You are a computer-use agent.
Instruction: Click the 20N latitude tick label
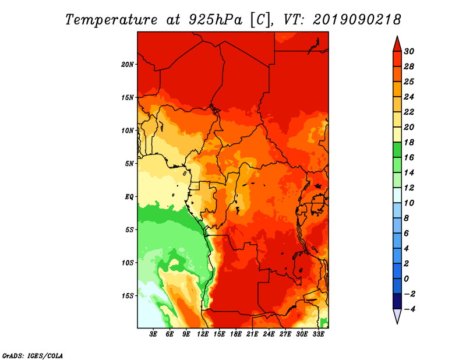(x=127, y=65)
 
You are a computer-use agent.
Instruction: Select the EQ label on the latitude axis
(x=129, y=197)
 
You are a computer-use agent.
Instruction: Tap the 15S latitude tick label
(x=127, y=296)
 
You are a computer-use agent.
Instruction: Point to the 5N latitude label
(x=129, y=164)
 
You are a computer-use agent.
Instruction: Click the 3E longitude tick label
(x=153, y=334)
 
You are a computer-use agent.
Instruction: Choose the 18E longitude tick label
(x=236, y=334)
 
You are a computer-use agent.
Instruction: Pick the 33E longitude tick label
(x=318, y=334)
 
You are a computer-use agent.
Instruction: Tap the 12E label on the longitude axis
(x=203, y=334)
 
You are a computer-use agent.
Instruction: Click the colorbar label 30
(x=409, y=51)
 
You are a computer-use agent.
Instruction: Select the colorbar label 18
(x=409, y=142)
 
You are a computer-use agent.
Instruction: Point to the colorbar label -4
(x=409, y=309)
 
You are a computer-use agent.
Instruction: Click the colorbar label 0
(x=406, y=279)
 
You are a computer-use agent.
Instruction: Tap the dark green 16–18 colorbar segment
(x=397, y=150)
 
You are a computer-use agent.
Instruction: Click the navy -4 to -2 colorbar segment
(x=397, y=301)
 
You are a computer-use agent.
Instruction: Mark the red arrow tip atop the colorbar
(x=397, y=36)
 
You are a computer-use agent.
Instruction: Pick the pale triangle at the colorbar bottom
(x=397, y=316)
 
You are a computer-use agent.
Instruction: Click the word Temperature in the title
(x=111, y=20)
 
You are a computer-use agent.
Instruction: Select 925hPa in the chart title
(x=216, y=20)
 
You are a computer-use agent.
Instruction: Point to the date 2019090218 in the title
(x=357, y=20)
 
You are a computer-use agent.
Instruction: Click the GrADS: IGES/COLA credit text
(x=32, y=356)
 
